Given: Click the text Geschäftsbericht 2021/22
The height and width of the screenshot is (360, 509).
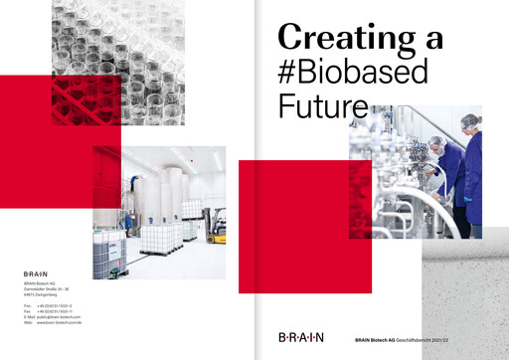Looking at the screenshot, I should (x=466, y=341).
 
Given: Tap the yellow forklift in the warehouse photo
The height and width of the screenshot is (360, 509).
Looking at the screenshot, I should (x=214, y=231).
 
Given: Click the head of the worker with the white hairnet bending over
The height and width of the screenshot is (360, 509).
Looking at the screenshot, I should (x=432, y=144).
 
